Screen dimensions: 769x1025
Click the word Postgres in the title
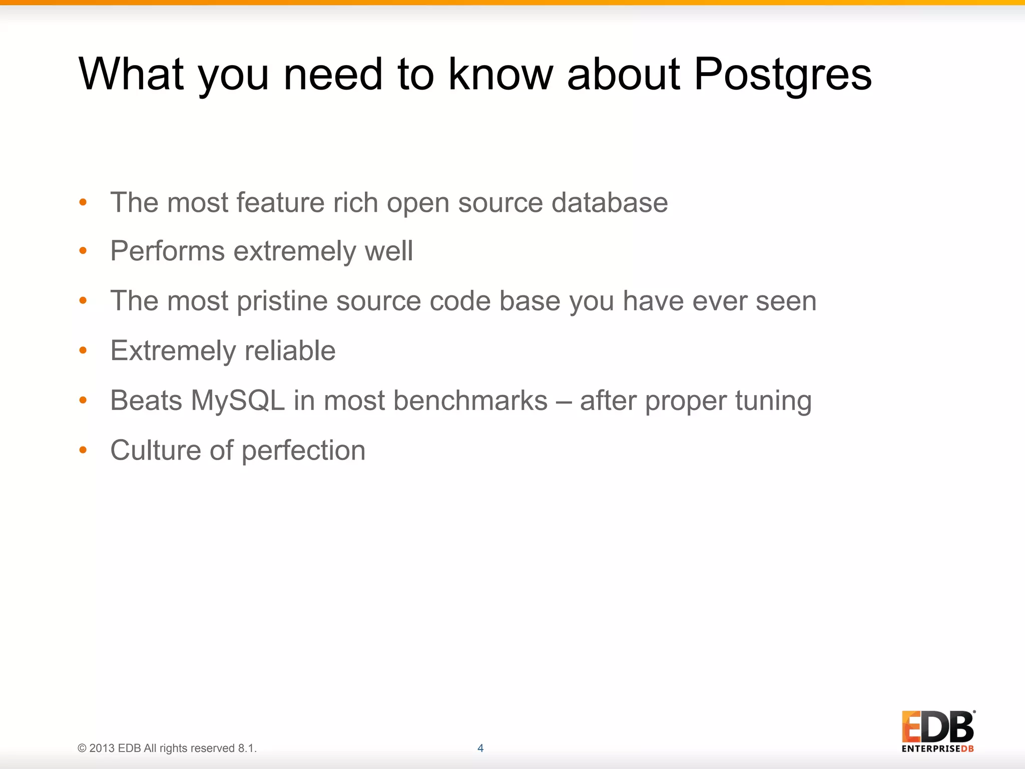coord(783,75)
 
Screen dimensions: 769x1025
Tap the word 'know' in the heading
coord(500,74)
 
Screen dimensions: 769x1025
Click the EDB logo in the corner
coord(938,731)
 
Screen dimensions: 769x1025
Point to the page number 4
coord(480,748)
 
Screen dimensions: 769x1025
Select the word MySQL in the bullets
coord(238,401)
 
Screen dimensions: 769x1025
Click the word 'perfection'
coord(303,451)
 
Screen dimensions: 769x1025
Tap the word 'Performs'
coord(167,251)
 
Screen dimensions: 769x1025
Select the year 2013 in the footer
coord(102,748)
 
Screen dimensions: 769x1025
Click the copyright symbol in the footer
coord(82,748)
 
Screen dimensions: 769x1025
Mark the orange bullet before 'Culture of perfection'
coord(83,450)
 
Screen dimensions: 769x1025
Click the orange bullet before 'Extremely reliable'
coord(83,350)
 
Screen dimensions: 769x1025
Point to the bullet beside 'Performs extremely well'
coord(83,251)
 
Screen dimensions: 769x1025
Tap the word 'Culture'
coord(156,450)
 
